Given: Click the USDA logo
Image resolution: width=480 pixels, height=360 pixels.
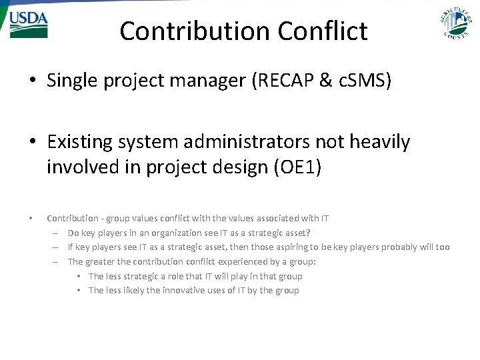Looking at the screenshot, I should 28,25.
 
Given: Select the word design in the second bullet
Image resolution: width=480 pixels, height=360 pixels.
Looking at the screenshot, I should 233,167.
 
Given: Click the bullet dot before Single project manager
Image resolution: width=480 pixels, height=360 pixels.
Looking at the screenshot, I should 32,81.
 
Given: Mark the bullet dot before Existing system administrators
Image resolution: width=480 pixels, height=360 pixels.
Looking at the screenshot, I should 32,142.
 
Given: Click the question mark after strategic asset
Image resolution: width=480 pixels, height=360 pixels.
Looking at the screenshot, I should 308,233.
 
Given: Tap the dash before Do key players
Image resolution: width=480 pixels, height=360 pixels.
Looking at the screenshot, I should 56,233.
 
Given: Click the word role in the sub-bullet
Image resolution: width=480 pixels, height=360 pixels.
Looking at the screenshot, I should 175,276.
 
